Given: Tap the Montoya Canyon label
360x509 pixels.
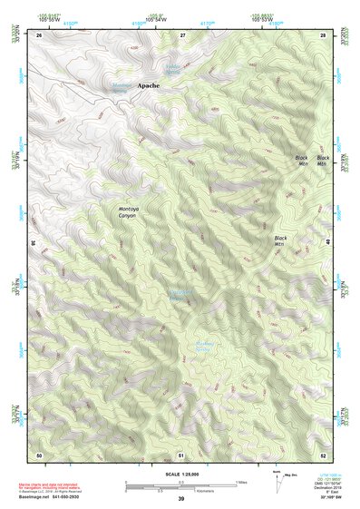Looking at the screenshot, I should click(x=131, y=211).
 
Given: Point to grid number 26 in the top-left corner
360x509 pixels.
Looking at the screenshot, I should click(x=39, y=34).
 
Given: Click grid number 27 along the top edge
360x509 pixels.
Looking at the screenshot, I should click(x=182, y=34).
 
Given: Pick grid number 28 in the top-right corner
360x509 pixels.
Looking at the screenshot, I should click(x=323, y=34).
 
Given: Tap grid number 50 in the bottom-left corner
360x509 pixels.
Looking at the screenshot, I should click(x=39, y=454).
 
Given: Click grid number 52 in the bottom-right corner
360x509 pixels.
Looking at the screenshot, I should click(x=323, y=454).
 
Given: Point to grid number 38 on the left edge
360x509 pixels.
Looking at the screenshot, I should click(x=34, y=242).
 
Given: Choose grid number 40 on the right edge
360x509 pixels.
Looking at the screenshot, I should click(x=328, y=242).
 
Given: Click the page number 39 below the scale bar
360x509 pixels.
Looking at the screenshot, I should click(x=180, y=499).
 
